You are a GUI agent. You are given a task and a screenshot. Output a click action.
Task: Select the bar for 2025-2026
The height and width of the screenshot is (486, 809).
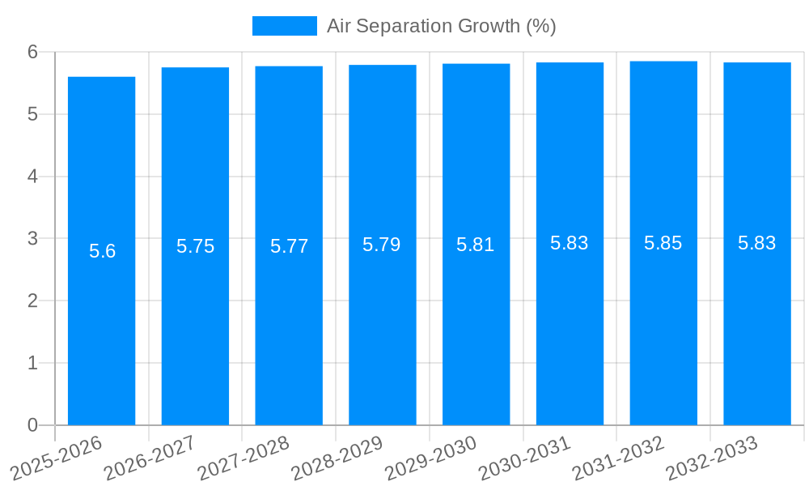(x=101, y=324)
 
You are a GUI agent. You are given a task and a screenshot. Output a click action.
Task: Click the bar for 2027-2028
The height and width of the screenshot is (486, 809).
(x=289, y=324)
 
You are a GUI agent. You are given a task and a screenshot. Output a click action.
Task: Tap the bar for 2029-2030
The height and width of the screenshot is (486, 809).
(x=476, y=324)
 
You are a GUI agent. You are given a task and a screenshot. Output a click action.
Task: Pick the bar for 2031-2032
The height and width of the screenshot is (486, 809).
(x=663, y=324)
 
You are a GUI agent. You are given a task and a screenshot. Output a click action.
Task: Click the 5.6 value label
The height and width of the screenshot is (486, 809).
(x=103, y=251)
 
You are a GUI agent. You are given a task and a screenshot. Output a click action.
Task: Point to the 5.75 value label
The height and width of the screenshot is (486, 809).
(x=195, y=246)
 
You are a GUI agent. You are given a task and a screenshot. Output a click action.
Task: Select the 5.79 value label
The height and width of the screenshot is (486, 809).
(x=382, y=245)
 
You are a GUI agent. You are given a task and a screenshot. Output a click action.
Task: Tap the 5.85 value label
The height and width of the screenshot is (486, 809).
(x=663, y=243)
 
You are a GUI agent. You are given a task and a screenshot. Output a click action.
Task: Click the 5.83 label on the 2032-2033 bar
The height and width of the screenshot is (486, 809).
(x=757, y=243)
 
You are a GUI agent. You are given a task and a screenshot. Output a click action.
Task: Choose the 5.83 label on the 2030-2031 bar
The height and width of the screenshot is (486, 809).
(x=570, y=243)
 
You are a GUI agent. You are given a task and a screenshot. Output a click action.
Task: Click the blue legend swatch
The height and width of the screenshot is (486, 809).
(x=284, y=26)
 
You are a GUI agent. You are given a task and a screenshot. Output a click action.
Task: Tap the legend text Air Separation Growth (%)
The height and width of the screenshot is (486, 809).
(x=441, y=26)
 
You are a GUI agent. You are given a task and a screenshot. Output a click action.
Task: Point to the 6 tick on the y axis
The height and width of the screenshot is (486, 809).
(x=33, y=52)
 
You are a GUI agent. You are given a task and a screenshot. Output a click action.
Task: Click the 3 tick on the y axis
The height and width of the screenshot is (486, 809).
(x=33, y=238)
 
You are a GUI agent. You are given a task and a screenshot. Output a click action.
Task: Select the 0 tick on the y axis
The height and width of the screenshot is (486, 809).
(x=33, y=425)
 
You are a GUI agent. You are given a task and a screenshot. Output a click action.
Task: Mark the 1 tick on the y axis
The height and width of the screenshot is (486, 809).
(x=33, y=363)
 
